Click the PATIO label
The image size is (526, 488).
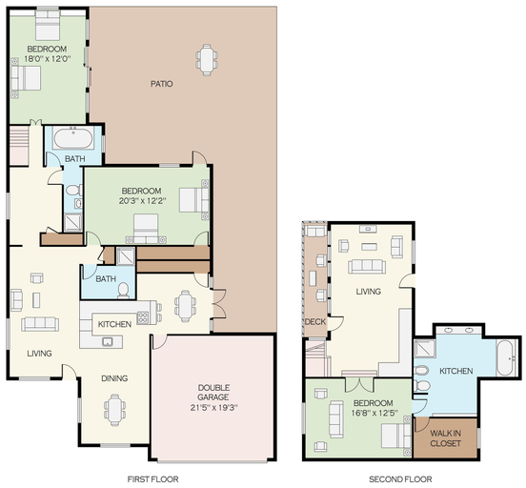click(162, 84)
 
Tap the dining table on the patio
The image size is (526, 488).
click(207, 60)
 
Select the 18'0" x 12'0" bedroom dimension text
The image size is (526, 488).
click(47, 59)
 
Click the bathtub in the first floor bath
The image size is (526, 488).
click(73, 139)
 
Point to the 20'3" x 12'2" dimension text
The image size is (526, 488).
click(143, 201)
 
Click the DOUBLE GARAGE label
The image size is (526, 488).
click(213, 393)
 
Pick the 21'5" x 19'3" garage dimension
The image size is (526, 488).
click(213, 408)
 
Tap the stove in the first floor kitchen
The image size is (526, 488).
click(143, 317)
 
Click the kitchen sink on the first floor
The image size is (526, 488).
click(108, 341)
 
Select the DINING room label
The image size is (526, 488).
click(114, 378)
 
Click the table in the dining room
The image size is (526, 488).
click(114, 410)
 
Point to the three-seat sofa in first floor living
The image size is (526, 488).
click(40, 324)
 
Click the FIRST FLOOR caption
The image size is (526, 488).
click(152, 478)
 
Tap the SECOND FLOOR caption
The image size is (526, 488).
click(400, 478)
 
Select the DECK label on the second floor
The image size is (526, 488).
click(315, 322)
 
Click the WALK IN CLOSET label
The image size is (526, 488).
click(445, 438)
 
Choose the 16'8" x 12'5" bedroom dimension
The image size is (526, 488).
click(374, 413)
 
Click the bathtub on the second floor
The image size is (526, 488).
click(507, 357)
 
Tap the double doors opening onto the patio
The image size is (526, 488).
click(219, 303)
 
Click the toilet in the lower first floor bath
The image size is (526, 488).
click(123, 291)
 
